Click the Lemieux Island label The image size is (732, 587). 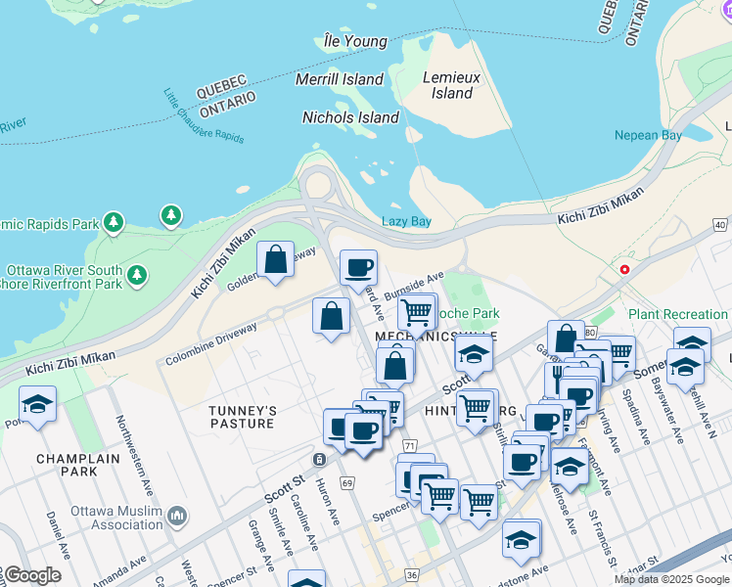[x=447, y=85]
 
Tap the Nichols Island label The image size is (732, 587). [x=350, y=117]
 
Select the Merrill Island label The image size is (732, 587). [x=340, y=78]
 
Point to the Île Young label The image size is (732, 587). [x=355, y=41]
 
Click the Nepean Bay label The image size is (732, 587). [x=648, y=135]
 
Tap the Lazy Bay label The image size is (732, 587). [x=406, y=221]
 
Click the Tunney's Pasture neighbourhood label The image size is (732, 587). [x=243, y=417]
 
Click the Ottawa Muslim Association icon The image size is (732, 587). [x=177, y=515]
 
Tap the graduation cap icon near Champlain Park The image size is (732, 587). [x=37, y=405]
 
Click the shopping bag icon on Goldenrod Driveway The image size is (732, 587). [x=276, y=260]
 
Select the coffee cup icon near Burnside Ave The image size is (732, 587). [x=358, y=266]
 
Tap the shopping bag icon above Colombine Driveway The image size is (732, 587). [x=332, y=316]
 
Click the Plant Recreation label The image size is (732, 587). [x=678, y=314]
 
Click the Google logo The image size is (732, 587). [x=31, y=575]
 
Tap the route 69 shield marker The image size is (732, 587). [x=347, y=482]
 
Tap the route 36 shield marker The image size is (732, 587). [x=412, y=575]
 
